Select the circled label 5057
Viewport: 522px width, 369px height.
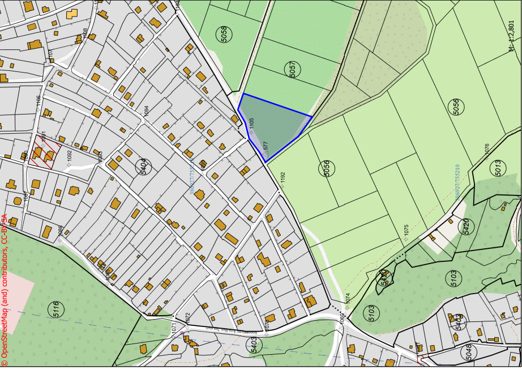292,70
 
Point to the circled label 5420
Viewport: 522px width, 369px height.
466,226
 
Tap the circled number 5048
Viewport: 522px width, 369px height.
468,351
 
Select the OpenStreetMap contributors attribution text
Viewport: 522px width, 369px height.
5,289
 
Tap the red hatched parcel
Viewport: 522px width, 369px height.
42,152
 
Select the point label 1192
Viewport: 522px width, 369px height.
283,179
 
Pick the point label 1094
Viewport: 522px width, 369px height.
146,112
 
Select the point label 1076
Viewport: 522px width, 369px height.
486,150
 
